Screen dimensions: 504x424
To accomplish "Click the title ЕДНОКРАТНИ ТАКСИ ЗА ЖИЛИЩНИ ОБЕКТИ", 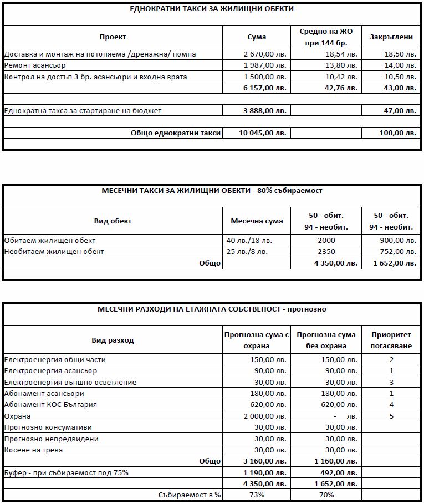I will click(x=212, y=9).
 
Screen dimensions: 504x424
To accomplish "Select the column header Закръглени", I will click(x=391, y=37).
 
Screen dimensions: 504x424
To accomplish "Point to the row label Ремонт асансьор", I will click(x=35, y=65).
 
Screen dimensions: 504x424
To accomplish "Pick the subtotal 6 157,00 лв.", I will click(x=265, y=88).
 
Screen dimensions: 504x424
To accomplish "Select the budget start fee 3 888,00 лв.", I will click(x=265, y=110).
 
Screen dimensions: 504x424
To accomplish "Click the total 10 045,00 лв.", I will click(x=263, y=133).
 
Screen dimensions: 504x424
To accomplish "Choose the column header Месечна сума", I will click(x=257, y=221).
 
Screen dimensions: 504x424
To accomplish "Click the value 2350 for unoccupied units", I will click(x=326, y=252).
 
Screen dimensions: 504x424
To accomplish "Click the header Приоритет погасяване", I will click(x=391, y=340).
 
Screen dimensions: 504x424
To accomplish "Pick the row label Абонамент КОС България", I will click(x=50, y=404).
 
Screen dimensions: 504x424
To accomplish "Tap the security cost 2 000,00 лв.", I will click(x=265, y=416).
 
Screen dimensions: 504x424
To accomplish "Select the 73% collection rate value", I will click(x=257, y=495).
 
